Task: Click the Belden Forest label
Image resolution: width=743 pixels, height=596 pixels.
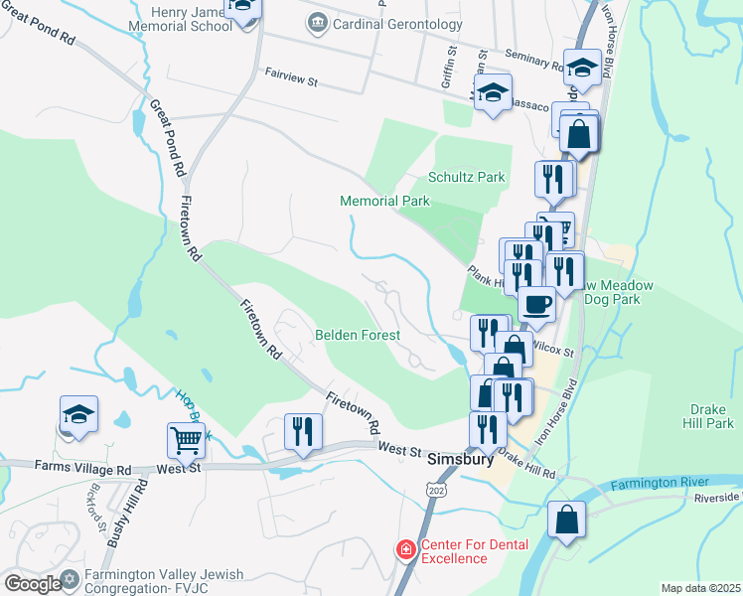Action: point(358,336)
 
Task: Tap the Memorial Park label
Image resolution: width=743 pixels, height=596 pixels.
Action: point(384,201)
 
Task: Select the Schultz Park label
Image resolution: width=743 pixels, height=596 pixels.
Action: point(466,178)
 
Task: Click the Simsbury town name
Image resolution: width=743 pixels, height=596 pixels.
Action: point(460,461)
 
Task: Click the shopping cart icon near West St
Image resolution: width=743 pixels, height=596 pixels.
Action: point(186,438)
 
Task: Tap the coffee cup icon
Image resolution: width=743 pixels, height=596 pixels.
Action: point(536,304)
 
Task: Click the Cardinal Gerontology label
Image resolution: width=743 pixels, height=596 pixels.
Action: point(385,22)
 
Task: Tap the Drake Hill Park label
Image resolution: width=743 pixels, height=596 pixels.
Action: point(712,416)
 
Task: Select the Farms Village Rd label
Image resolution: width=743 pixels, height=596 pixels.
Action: point(82,467)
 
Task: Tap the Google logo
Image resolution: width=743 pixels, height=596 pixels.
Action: point(32,584)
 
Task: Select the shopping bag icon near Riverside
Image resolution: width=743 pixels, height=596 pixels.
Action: point(566,520)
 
